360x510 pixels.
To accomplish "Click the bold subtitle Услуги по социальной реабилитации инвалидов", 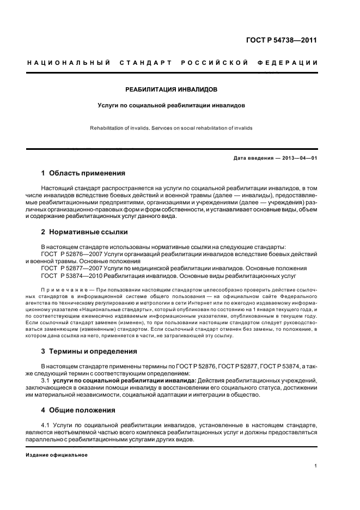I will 172,104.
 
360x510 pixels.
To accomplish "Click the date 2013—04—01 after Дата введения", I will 299,158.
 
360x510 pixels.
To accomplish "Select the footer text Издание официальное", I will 57,454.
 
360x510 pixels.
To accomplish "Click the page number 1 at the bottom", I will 315,466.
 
